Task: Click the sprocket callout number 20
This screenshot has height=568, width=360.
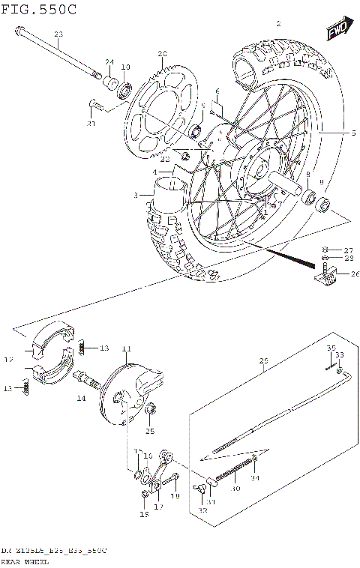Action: [x=161, y=53]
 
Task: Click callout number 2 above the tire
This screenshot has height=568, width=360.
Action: [x=278, y=24]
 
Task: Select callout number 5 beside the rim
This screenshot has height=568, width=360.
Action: [x=352, y=133]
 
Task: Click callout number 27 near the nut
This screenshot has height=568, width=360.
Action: [x=348, y=250]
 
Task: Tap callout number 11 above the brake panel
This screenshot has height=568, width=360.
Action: [x=126, y=349]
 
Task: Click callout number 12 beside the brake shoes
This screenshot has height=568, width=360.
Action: [x=10, y=360]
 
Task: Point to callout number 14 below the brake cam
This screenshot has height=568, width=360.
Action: [x=80, y=400]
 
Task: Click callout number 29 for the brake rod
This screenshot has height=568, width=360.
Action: [x=262, y=361]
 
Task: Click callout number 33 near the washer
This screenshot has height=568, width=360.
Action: [x=339, y=354]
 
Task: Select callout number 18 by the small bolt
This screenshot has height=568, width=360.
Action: [x=175, y=496]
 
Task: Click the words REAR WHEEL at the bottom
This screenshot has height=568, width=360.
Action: [x=23, y=561]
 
